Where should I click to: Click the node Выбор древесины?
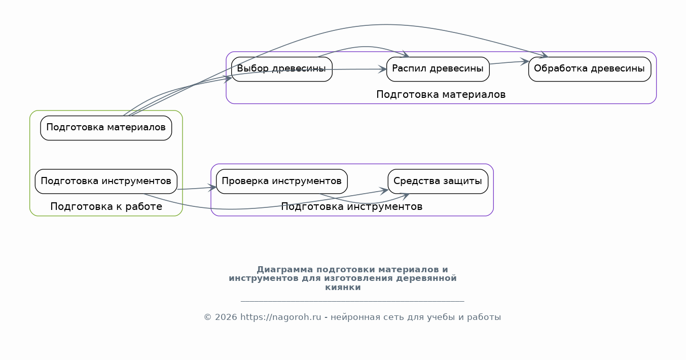281,69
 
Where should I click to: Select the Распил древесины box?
438,69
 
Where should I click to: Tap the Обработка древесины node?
589,69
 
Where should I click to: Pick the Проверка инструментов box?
281,181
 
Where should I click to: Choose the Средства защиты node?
438,181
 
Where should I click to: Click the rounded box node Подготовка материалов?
106,127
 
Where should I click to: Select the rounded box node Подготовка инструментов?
106,181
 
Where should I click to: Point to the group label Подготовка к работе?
106,207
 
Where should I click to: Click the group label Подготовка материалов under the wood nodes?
441,95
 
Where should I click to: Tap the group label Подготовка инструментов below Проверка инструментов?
351,207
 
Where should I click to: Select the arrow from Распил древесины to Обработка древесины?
509,62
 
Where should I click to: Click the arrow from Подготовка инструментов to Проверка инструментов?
196,189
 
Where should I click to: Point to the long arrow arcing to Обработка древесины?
385,24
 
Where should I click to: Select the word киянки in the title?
343,287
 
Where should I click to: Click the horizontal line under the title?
352,301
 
